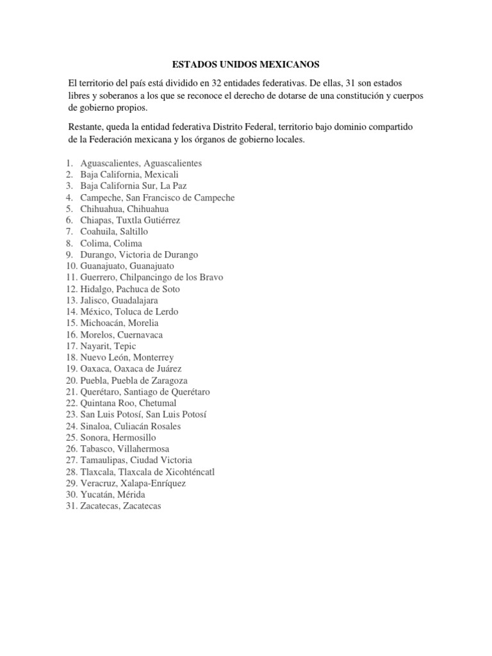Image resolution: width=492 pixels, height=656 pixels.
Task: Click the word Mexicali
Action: pyautogui.click(x=161, y=175)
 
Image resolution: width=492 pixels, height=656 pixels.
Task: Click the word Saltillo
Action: pyautogui.click(x=139, y=232)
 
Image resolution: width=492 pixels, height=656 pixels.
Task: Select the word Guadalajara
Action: pyautogui.click(x=135, y=300)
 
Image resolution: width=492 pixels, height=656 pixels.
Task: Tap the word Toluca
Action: pyautogui.click(x=131, y=312)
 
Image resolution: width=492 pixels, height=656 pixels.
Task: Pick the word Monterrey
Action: pyautogui.click(x=151, y=357)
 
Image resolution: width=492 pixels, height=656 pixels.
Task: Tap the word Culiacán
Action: pyautogui.click(x=131, y=426)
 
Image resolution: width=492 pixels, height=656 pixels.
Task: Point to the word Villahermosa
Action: pyautogui.click(x=144, y=449)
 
